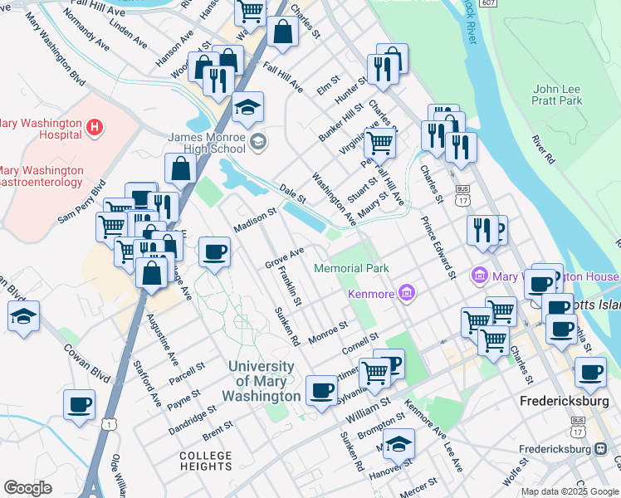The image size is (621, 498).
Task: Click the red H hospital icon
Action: (95, 127)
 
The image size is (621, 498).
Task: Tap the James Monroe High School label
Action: (207, 143)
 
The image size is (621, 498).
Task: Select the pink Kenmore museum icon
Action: (406, 291)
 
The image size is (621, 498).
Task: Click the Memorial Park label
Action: (351, 268)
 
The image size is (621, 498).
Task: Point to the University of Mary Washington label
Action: (261, 381)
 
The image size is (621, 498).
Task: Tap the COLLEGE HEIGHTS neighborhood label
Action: (206, 461)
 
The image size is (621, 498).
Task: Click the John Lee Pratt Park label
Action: (557, 95)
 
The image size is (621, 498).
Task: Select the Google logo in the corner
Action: (28, 488)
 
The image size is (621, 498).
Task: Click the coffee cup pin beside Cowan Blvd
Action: (80, 405)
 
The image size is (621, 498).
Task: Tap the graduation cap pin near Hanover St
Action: (399, 444)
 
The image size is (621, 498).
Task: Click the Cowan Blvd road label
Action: (87, 359)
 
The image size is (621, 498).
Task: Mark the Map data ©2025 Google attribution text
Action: (570, 491)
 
